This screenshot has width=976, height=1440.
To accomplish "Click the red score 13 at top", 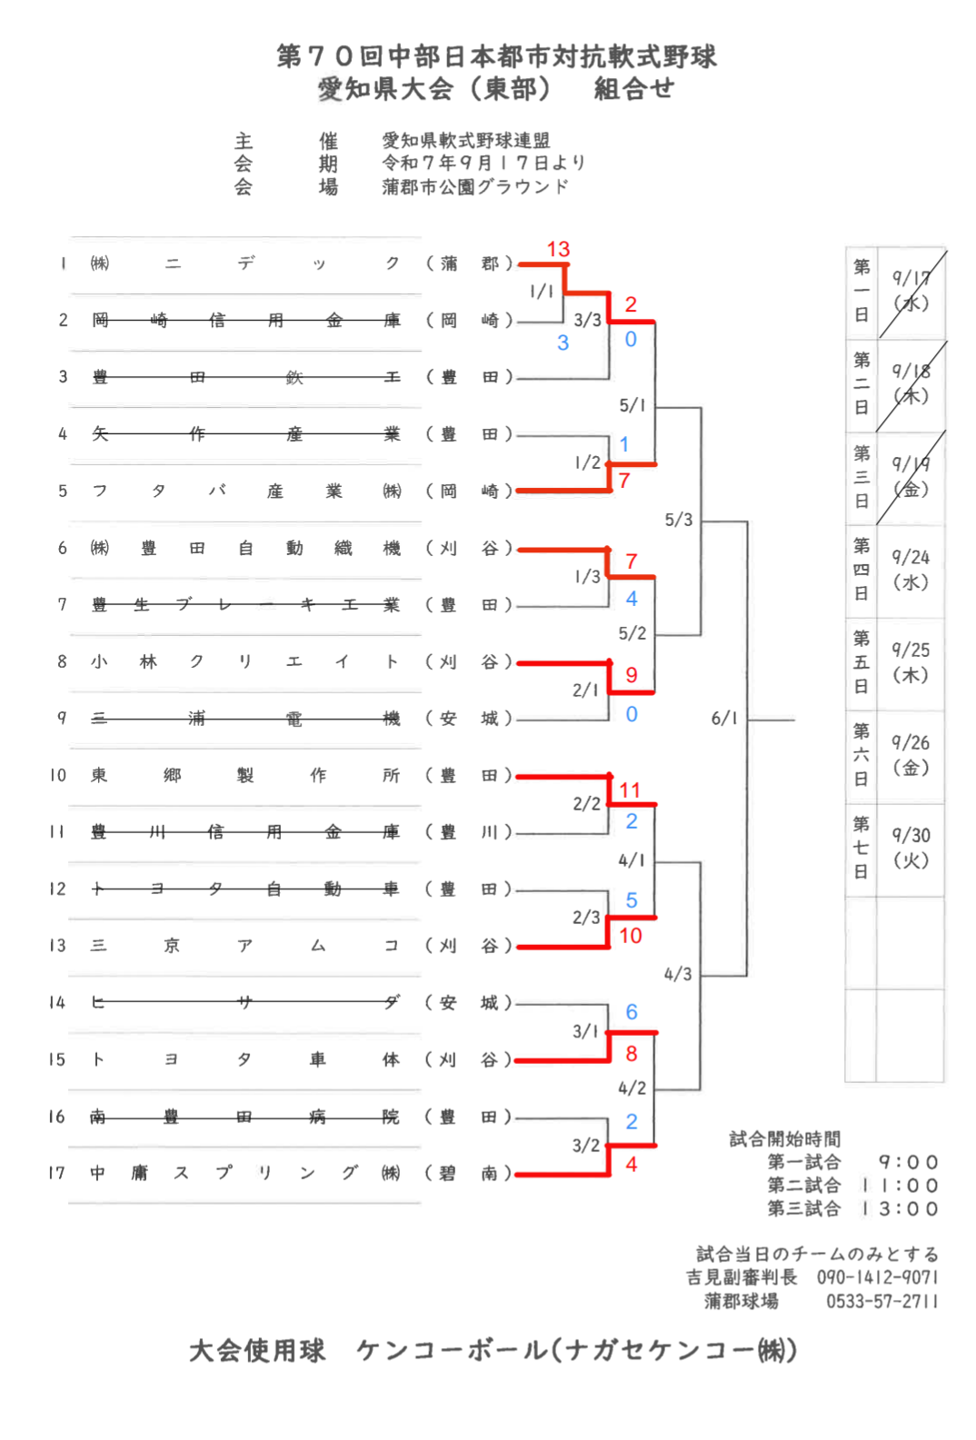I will [558, 249].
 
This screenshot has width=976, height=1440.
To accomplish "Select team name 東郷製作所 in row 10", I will [244, 775].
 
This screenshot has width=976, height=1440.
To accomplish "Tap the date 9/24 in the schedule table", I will [910, 557].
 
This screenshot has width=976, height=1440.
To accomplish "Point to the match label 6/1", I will [724, 719].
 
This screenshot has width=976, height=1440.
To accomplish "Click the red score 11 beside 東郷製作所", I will [630, 790].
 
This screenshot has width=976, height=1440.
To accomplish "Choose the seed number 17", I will [57, 1173].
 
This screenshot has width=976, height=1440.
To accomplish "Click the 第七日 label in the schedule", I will [861, 848].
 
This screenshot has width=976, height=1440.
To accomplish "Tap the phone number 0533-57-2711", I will [881, 1301].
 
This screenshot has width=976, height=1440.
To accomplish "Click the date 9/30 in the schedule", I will [910, 835].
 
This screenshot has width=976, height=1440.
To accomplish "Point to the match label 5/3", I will [678, 520].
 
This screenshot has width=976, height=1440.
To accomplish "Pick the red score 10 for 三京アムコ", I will [631, 936].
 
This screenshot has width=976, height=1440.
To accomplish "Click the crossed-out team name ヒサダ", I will [244, 1002].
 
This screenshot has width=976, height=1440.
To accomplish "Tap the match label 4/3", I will [677, 974].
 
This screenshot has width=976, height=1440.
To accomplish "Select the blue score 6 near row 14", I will [632, 1012].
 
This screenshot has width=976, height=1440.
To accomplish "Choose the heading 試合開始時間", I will [784, 1138].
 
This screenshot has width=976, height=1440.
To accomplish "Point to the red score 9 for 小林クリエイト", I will [632, 675].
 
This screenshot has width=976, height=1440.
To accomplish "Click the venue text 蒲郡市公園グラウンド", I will [474, 186].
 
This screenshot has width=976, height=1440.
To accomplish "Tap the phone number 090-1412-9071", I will [877, 1277].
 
